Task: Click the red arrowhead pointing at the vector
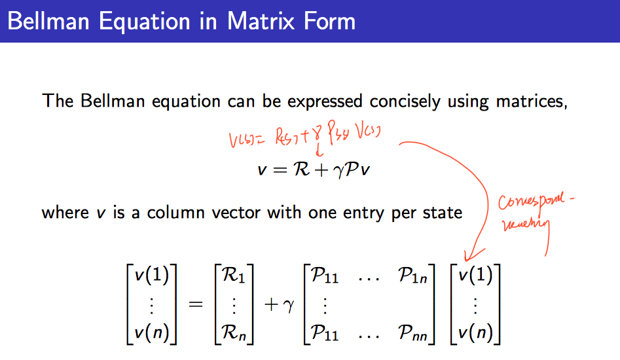coord(468,256)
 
